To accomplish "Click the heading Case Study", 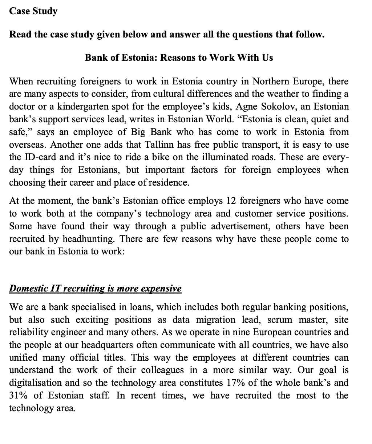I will pyautogui.click(x=33, y=11).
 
